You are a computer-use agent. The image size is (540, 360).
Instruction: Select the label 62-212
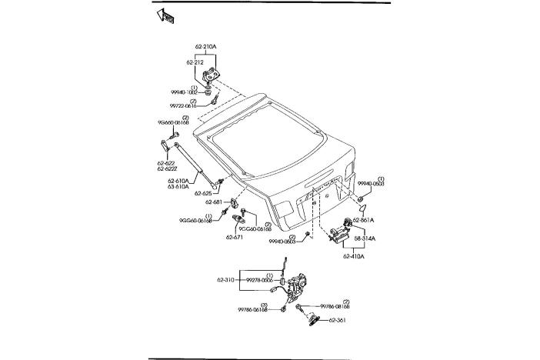[195, 62]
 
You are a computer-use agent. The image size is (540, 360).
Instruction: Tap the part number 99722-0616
[183, 106]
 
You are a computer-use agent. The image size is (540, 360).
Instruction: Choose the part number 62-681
[214, 203]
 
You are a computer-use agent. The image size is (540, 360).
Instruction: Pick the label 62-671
[235, 237]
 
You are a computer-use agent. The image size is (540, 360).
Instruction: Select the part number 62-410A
[354, 255]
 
